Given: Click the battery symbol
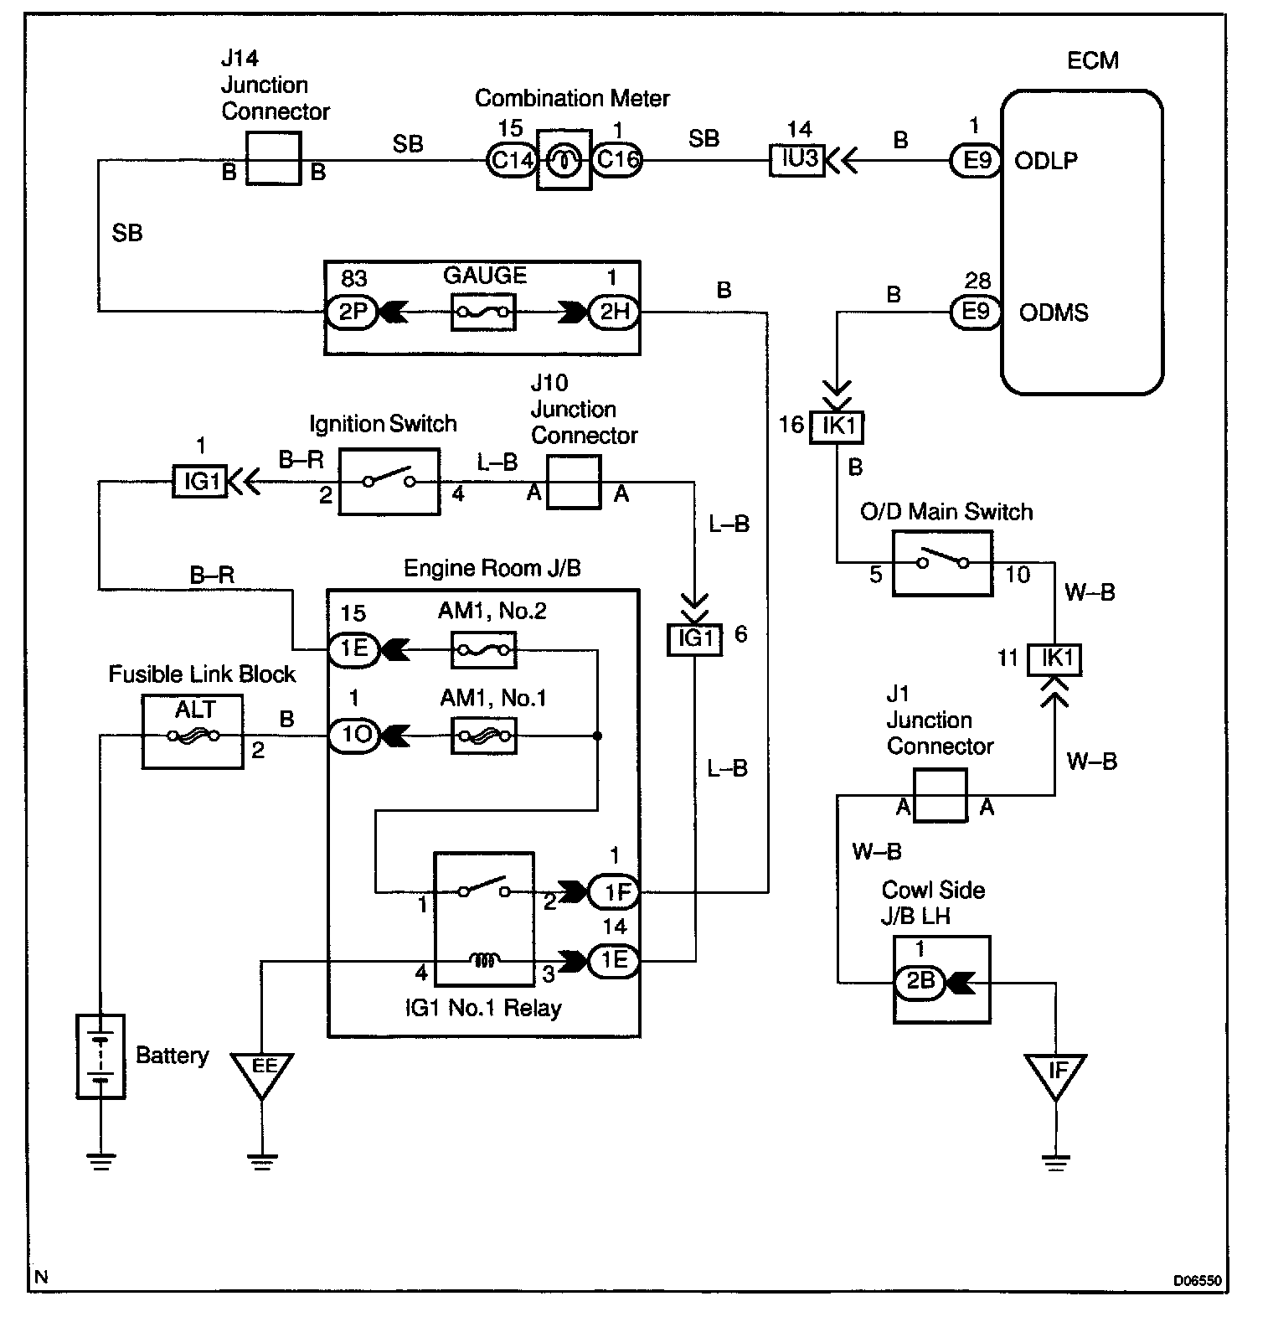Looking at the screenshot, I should (x=100, y=1056).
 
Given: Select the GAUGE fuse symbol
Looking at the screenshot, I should (x=483, y=312).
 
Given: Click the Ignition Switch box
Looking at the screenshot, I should (x=389, y=482).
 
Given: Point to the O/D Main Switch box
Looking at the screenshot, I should (x=942, y=563).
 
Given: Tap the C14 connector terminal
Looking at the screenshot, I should (x=511, y=159).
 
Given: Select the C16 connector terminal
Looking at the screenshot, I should (x=617, y=159).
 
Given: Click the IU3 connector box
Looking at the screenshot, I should (x=797, y=159).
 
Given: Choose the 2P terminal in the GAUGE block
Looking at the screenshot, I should (x=353, y=312).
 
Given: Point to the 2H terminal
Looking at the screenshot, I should (x=614, y=312).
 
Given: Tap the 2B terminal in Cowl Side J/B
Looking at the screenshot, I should (x=920, y=981).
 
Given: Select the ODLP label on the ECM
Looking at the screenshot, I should (x=1046, y=161).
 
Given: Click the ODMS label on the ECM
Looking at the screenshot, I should (x=1054, y=313).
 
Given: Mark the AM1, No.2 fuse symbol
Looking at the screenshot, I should (x=483, y=649).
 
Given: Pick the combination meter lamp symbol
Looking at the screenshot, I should (x=564, y=160).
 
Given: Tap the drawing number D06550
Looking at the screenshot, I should (x=1198, y=1281).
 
